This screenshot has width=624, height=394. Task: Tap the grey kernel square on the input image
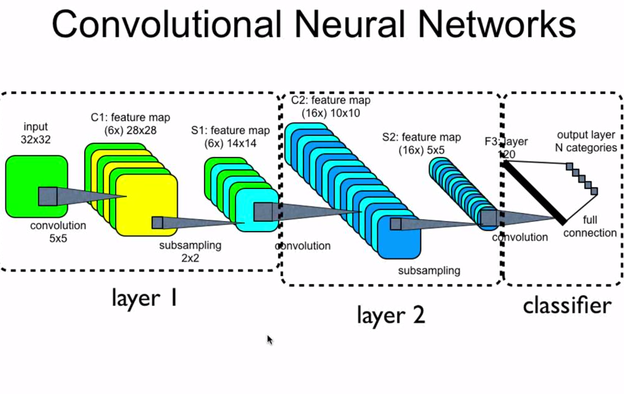(x=48, y=196)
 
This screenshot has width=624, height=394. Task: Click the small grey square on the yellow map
(x=158, y=222)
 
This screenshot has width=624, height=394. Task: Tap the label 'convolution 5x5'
(x=58, y=232)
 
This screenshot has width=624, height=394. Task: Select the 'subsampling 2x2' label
(x=190, y=252)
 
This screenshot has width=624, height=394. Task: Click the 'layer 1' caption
(x=144, y=298)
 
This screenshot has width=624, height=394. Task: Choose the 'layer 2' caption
(x=391, y=315)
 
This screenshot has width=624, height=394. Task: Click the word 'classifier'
(x=567, y=305)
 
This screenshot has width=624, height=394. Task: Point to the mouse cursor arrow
(x=269, y=340)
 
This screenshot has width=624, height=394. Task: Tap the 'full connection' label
(x=590, y=226)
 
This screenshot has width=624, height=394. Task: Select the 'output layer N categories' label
(x=586, y=141)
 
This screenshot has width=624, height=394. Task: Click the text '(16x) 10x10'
(x=331, y=113)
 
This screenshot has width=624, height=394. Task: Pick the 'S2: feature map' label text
(x=422, y=137)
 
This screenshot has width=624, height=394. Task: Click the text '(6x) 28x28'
(x=130, y=130)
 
